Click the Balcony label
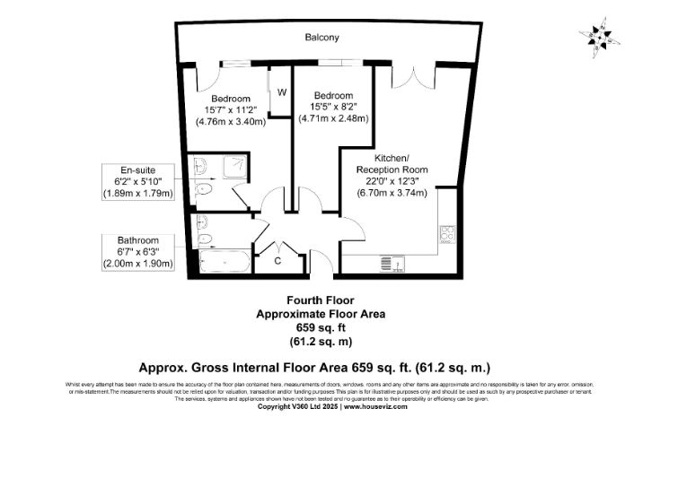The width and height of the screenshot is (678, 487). coord(321,38)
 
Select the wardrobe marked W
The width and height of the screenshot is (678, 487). coord(281,92)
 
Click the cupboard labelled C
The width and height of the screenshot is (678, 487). coord(278,261)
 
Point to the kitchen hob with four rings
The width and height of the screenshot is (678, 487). coord(446,234)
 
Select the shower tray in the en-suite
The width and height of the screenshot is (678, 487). coord(233,167)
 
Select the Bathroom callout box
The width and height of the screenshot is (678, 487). coord(137,252)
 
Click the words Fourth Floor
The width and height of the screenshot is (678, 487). coord(321,300)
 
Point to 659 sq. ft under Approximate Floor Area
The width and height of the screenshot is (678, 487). coord(321,328)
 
